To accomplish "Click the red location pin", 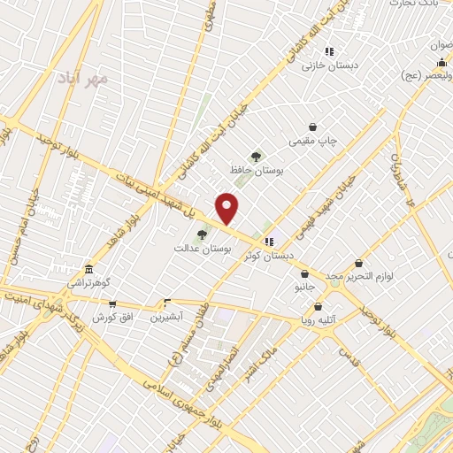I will click(x=227, y=208).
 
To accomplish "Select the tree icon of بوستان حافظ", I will click(x=256, y=157).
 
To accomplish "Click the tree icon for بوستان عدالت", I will click(x=203, y=234).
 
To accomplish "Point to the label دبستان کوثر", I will click(x=271, y=255).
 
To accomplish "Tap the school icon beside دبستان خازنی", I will click(x=329, y=51).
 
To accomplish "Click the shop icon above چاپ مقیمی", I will click(x=312, y=127).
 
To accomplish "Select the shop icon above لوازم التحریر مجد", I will click(x=358, y=263).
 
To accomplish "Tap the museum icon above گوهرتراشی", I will click(x=88, y=269).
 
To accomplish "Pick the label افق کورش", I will click(x=111, y=316).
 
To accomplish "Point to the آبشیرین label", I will click(x=165, y=315).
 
